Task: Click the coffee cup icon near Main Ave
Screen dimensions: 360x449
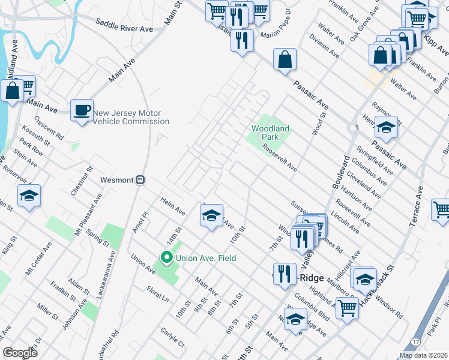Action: (82, 110)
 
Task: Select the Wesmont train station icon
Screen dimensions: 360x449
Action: (140, 180)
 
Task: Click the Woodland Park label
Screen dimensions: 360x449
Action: (270, 133)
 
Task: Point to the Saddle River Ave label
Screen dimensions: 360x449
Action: (124, 25)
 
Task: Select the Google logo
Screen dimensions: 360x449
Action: (19, 353)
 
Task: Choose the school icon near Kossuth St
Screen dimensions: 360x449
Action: (28, 196)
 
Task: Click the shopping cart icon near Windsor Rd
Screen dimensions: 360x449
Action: (347, 308)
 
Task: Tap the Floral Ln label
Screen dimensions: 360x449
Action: (158, 296)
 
